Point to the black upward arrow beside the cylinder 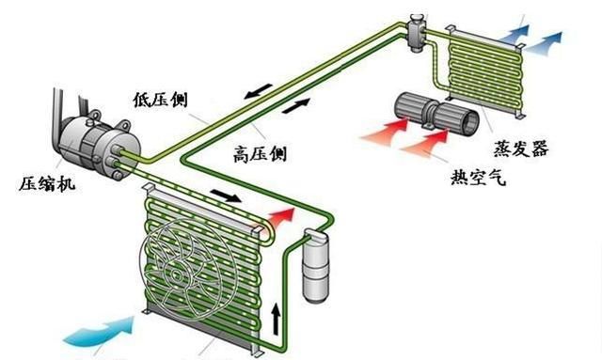click(x=276, y=319)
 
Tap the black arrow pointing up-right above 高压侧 click(x=294, y=106)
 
